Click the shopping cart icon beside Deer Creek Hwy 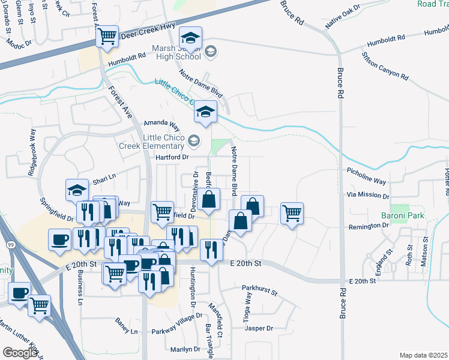click(107, 36)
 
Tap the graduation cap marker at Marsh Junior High click(190, 40)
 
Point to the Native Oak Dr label click(343, 18)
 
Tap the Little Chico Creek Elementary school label click(163, 142)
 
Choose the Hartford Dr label click(173, 157)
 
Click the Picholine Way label click(366, 171)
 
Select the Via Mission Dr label click(369, 196)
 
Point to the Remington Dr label click(369, 226)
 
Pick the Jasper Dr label click(259, 328)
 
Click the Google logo click(20, 353)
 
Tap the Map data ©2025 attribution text click(423, 355)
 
